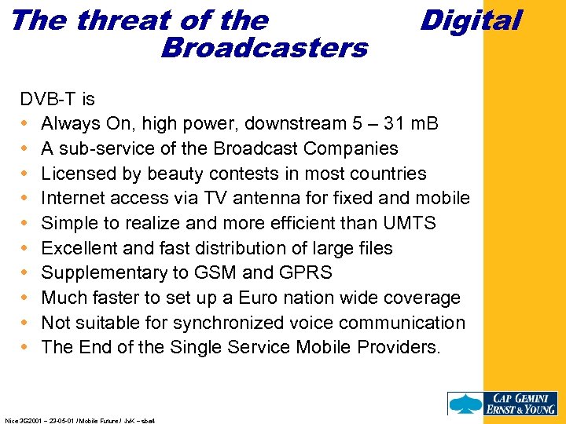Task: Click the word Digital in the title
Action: coord(470,20)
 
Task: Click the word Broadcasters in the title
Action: coord(263,49)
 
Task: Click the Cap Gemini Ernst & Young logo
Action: coord(502,403)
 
